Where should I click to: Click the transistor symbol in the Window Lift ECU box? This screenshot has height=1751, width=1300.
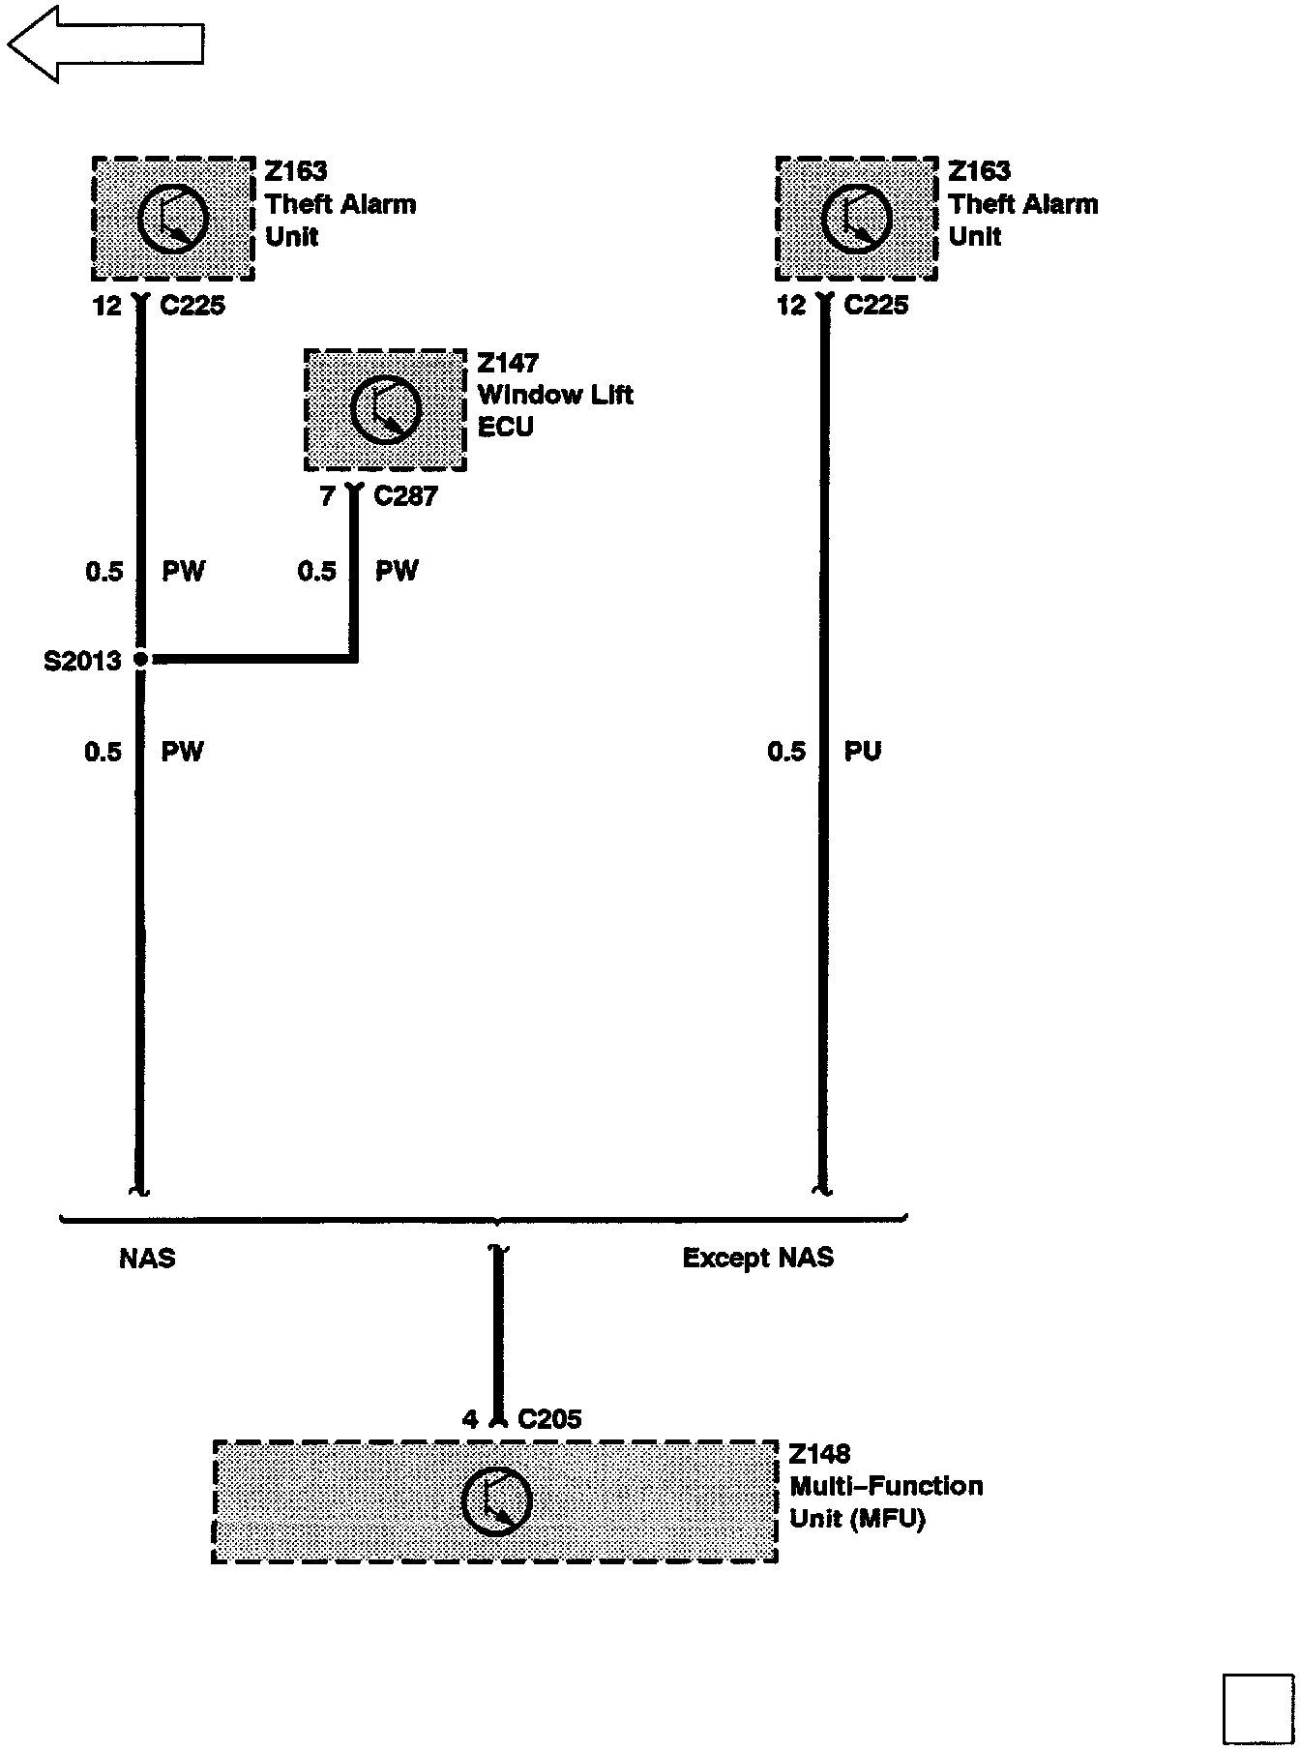point(385,408)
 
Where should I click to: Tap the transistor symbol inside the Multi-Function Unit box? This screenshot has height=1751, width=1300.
point(496,1501)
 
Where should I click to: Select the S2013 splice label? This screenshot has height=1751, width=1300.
point(82,661)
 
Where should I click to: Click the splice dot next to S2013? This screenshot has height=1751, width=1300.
point(141,659)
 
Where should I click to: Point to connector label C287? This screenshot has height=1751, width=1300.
point(405,496)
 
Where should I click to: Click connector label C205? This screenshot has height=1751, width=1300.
point(549,1419)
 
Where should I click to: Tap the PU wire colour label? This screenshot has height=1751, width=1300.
point(863,752)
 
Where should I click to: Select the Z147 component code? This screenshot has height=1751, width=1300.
point(508,364)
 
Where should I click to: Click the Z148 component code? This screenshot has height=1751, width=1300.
point(819,1454)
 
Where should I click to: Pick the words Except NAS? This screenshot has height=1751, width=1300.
point(757,1258)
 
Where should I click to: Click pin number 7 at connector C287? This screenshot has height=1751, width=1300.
point(327,496)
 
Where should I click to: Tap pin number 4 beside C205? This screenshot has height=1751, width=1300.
point(470,1419)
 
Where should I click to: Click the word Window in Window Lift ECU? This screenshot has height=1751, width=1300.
point(522,395)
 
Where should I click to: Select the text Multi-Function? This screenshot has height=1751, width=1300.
point(886,1486)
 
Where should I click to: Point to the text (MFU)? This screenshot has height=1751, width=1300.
point(888,1519)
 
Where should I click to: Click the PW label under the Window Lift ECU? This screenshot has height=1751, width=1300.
point(397,571)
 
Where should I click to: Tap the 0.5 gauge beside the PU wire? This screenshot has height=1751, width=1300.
point(785,752)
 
